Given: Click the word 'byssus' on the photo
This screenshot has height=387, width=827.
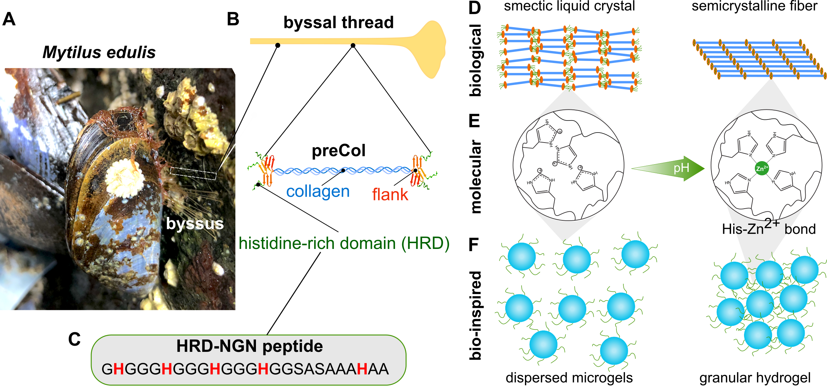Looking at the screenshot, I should tap(195, 224).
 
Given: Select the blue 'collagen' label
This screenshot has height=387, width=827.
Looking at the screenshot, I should tap(318, 192).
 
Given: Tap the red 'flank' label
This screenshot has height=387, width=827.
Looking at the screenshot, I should tap(390, 195).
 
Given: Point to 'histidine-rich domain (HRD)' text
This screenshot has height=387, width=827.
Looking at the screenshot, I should tap(344, 243).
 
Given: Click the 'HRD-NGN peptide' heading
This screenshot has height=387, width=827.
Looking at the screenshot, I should tap(249, 346).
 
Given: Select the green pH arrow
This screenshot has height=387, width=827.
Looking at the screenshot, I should tap(667, 168).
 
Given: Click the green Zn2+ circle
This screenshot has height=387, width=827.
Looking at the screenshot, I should tap(762, 168).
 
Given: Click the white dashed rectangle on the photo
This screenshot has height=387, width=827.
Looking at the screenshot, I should tap(193, 173).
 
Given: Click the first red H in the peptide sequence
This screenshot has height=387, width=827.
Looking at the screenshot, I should tap(118, 369).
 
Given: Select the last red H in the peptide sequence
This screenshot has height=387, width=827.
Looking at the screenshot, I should tap(362, 369).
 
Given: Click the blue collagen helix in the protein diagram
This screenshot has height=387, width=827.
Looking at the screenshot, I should tap(342, 170).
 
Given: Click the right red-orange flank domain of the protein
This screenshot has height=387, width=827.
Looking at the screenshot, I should tap(418, 170).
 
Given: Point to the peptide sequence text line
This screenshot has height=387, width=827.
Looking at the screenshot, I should tap(245, 369).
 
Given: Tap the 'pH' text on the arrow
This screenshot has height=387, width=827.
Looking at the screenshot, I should tap(681, 168).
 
